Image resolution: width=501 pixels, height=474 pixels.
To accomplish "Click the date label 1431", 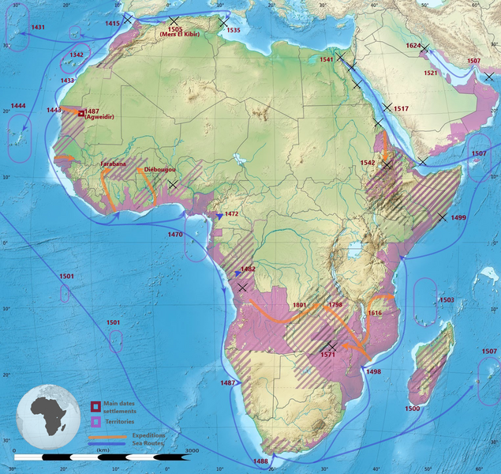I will pos(37,27).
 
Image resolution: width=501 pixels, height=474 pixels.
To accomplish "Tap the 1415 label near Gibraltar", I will pos(113,24).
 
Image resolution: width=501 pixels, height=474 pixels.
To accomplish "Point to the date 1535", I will pos(232,30).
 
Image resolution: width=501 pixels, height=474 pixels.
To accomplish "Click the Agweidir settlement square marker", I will pos(80,113).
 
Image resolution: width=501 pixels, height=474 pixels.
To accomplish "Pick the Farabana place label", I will pos(114,164).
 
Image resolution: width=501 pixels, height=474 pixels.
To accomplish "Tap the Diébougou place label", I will pos(159,170).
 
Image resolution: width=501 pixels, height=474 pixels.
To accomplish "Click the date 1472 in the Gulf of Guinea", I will pos(231,214).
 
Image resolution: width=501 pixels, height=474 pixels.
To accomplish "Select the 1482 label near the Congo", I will pos(247,269).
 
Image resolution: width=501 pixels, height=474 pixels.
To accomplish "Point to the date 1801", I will pos(299,305).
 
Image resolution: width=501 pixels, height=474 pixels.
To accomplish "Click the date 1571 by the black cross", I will pos(328,355).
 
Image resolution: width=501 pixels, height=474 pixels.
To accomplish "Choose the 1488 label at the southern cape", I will pos(260,461).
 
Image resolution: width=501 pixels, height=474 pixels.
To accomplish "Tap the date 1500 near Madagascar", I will pos(412,408).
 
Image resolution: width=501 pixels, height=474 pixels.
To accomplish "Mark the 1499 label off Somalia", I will pos(458,217).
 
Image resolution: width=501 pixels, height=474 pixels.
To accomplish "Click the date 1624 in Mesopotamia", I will pos(413,46).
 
